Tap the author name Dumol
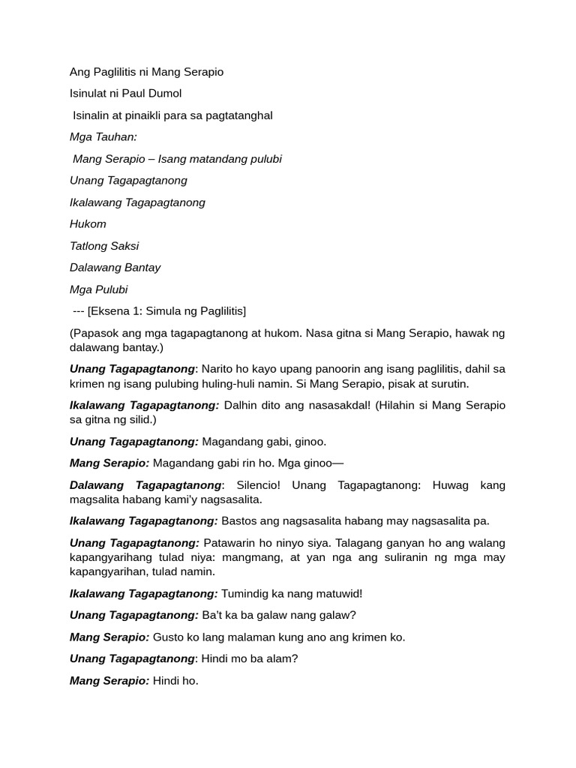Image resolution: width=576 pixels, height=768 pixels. [x=164, y=94]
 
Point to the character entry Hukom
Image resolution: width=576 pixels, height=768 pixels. [x=88, y=223]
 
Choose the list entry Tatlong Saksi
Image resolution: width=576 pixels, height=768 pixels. [x=104, y=245]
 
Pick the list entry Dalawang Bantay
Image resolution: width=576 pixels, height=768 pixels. [x=115, y=267]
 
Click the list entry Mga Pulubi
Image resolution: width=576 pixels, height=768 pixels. [x=98, y=289]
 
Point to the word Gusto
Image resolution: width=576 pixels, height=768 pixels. [x=169, y=637]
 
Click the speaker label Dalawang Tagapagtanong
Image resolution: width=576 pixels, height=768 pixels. [x=145, y=485]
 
